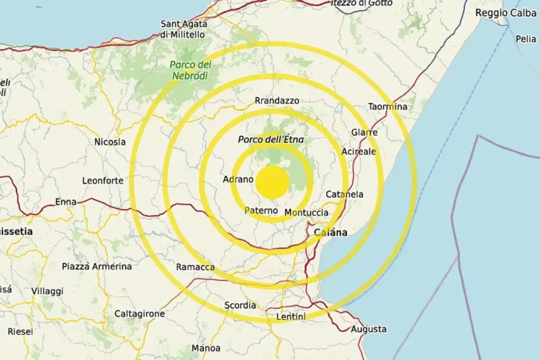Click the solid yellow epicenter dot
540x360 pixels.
tap(272, 181)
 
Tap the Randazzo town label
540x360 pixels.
tap(276, 101)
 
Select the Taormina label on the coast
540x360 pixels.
tap(388, 107)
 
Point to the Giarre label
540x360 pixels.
tap(364, 132)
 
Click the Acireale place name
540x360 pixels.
tap(359, 152)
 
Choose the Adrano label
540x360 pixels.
tap(238, 179)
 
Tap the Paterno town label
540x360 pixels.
tap(261, 210)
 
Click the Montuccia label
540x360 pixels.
tap(307, 212)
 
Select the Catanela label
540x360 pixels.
tap(345, 194)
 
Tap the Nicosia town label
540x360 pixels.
tap(110, 142)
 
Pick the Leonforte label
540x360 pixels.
tap(103, 181)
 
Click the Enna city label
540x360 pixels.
tap(66, 202)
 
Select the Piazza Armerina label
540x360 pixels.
tap(96, 266)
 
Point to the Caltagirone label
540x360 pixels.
tap(140, 314)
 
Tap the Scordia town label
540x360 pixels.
tap(240, 305)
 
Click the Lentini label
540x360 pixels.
tap(291, 317)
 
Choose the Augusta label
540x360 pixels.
tap(369, 329)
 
